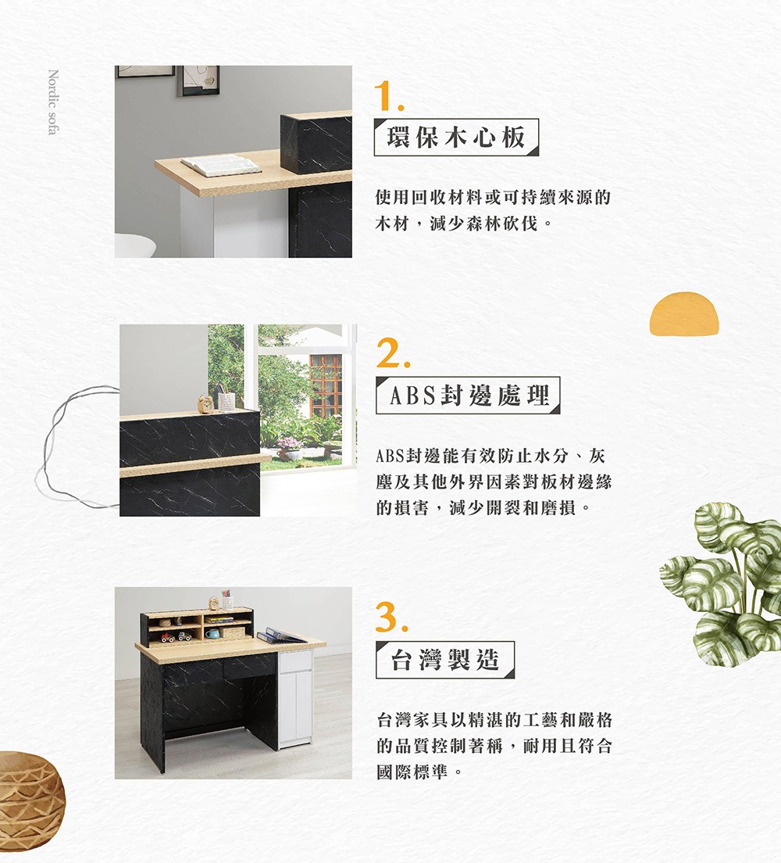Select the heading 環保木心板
click(x=456, y=137)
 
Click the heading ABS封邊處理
click(x=469, y=396)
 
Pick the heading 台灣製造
click(x=445, y=659)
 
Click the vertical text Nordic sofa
click(x=53, y=102)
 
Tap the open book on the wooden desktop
click(x=221, y=165)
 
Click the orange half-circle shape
click(x=684, y=313)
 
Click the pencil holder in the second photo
click(x=226, y=399)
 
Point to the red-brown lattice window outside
click(x=326, y=385)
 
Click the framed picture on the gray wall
click(x=198, y=81)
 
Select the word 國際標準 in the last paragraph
click(x=412, y=772)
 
